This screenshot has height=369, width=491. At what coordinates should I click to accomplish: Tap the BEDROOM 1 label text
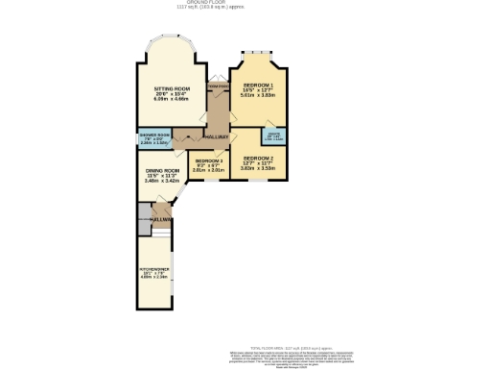[x=258, y=85]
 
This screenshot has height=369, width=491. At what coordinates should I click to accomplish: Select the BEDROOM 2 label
[x=258, y=157]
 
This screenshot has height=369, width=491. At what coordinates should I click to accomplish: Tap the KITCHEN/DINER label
[x=155, y=270]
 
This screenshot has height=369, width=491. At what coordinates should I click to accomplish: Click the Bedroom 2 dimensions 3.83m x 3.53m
[x=258, y=167]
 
